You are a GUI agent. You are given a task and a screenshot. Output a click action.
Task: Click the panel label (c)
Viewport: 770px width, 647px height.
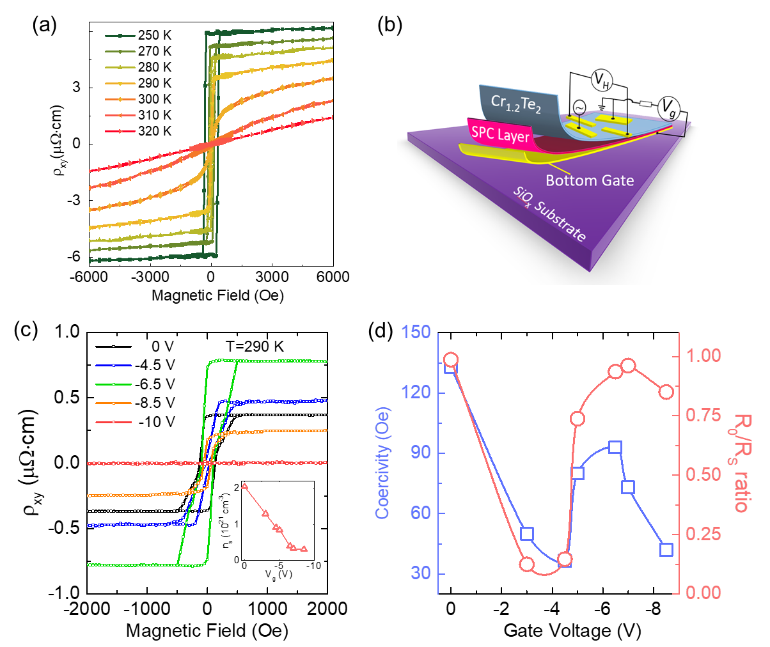click(26, 330)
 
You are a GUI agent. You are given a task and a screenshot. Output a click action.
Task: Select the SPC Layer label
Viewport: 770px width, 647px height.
click(501, 134)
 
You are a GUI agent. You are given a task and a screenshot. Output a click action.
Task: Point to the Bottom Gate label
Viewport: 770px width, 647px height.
click(589, 180)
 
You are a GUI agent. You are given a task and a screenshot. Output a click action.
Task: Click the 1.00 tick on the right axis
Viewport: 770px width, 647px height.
click(703, 355)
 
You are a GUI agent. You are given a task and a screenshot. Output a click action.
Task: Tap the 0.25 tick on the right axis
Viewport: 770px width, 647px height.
click(703, 534)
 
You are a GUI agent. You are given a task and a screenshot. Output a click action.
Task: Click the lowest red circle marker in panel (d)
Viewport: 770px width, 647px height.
click(527, 565)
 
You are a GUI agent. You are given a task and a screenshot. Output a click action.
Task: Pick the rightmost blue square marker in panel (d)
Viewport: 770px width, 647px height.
click(666, 550)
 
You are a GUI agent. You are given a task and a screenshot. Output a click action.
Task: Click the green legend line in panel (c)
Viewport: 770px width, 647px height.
click(113, 384)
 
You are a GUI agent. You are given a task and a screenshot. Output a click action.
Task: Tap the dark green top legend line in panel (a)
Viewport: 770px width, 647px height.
click(120, 36)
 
